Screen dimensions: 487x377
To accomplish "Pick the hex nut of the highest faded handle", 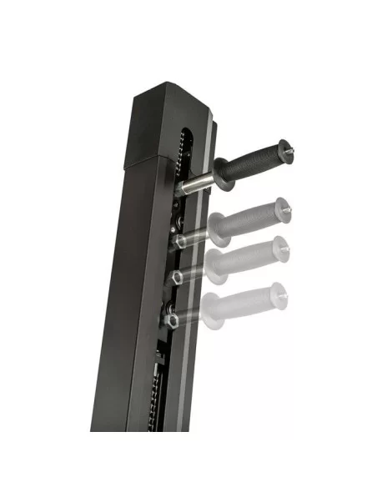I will pos(178,242).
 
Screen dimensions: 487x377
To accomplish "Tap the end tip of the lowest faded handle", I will pos(283,291).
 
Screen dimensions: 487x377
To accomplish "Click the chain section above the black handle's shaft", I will pos(183,150).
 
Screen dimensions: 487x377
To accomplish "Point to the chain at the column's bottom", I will pos(155,409).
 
